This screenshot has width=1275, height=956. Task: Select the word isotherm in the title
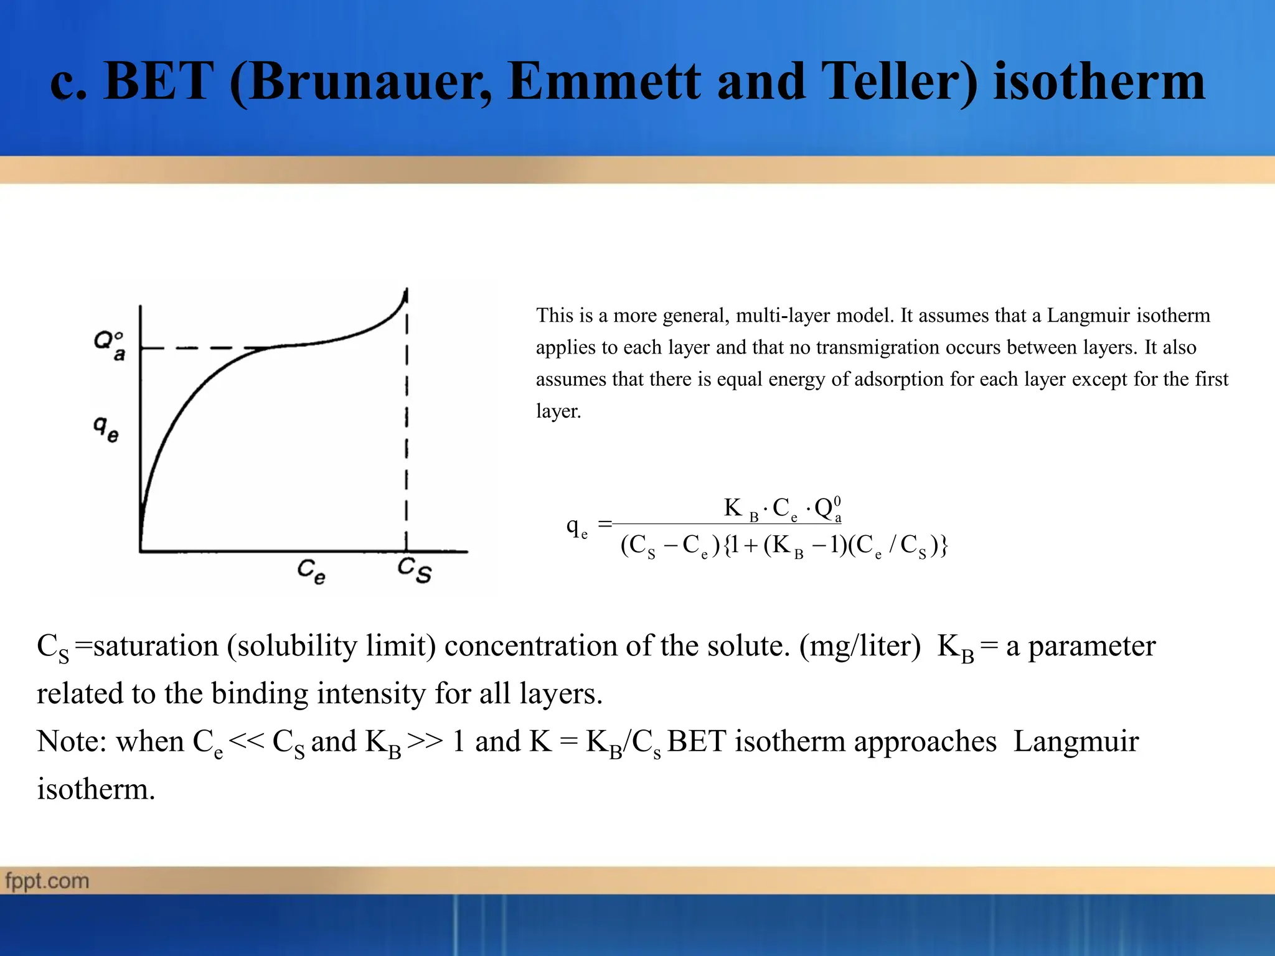1099,82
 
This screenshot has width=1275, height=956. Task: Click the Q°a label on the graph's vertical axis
110,345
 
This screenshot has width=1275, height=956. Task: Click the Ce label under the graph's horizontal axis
311,571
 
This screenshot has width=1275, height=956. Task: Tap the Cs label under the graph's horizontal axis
415,569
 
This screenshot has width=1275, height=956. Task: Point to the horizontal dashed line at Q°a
199,348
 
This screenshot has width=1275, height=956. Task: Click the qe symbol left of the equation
576,527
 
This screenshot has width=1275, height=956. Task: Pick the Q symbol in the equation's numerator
826,509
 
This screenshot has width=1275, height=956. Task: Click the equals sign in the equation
605,524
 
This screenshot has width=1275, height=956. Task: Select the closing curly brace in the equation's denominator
944,546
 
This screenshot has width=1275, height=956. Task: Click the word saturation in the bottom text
156,646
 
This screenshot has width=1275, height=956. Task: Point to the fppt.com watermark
47,881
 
